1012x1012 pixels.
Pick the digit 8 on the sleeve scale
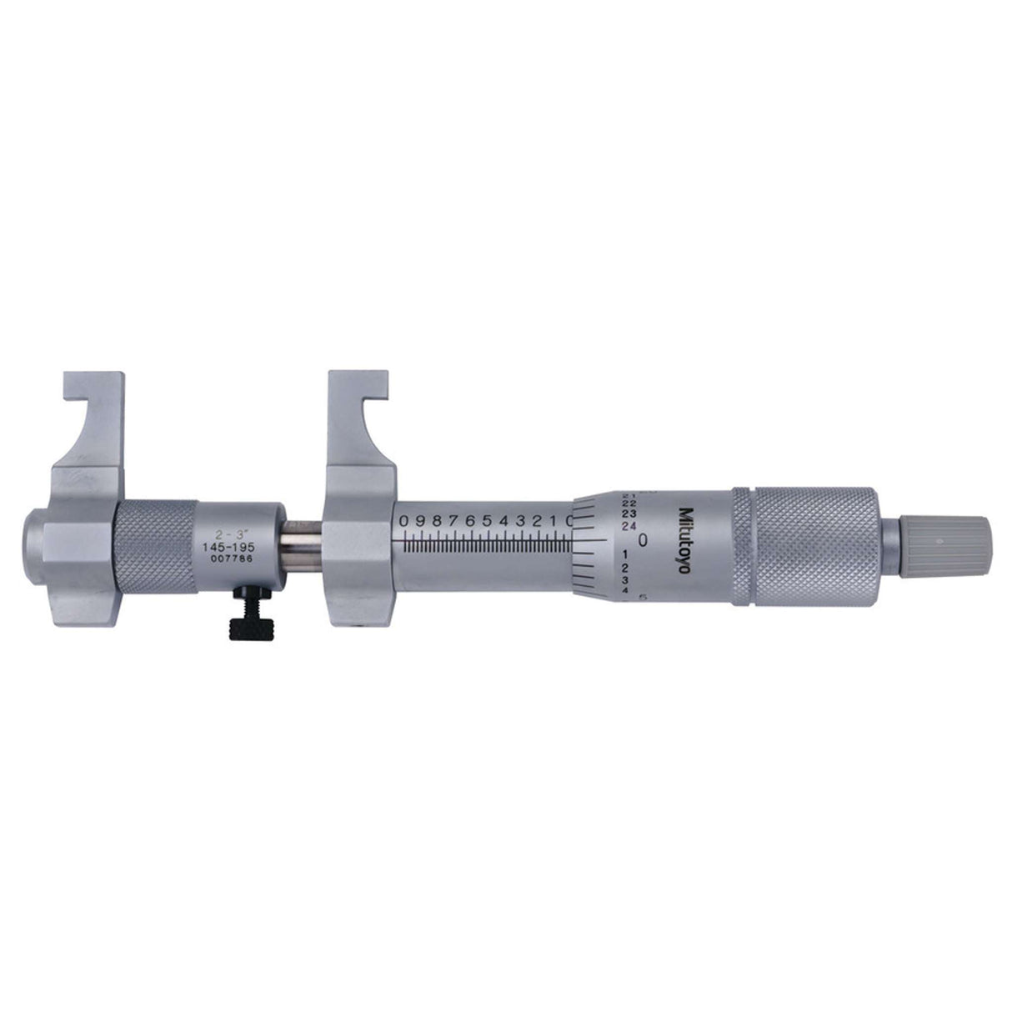[x=435, y=521]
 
